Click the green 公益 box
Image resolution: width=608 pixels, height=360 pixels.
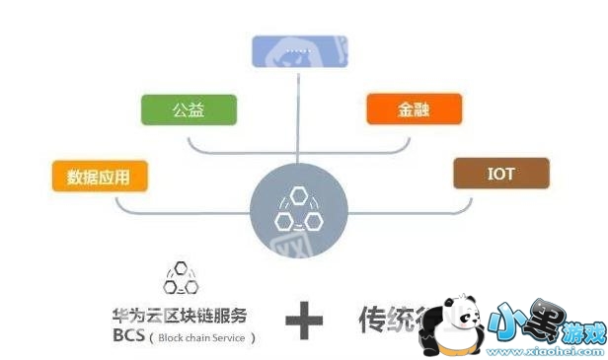(x=189, y=109)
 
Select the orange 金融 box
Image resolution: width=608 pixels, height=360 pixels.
(x=414, y=109)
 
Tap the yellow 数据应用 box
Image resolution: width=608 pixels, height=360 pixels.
(x=100, y=178)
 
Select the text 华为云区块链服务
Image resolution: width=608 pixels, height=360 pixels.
(x=180, y=316)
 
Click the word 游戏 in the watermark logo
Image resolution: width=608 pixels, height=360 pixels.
(x=580, y=335)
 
